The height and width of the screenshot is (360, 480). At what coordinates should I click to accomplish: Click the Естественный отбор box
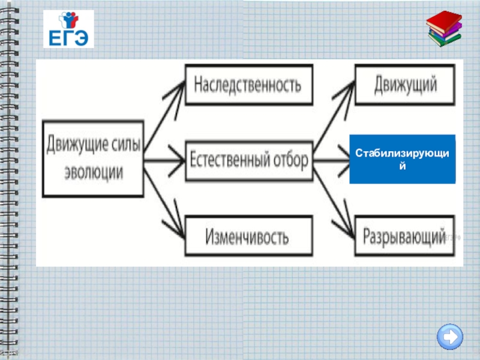pyautogui.click(x=248, y=160)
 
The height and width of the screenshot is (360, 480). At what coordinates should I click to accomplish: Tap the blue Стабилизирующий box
pyautogui.click(x=402, y=159)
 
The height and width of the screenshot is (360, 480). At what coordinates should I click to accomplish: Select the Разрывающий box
pyautogui.click(x=403, y=236)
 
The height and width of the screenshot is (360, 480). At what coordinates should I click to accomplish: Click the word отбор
pyautogui.click(x=287, y=160)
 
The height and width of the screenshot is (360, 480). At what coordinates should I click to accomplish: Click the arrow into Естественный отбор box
pyautogui.click(x=165, y=160)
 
